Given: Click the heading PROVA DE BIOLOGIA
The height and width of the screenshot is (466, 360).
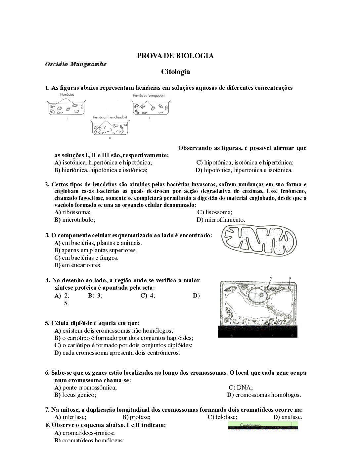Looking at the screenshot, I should (175, 56).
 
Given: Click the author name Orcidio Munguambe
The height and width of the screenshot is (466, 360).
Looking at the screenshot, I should (75, 64).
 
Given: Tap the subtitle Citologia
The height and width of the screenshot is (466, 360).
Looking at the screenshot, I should (175, 71).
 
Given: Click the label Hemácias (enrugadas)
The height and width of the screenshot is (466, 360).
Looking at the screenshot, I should (149, 96).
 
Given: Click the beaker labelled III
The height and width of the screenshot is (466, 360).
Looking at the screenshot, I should (110, 129).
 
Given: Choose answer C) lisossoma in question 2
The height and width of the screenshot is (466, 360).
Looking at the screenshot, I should (215, 212).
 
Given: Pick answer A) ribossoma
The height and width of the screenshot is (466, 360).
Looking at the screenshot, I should (72, 212).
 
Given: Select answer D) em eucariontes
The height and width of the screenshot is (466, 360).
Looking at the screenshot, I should (78, 265).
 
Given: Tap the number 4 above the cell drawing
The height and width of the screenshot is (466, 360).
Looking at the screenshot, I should (271, 277).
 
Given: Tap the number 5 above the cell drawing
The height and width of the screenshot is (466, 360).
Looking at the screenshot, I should (290, 278).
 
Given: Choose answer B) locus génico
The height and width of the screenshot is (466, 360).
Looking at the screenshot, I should (75, 395).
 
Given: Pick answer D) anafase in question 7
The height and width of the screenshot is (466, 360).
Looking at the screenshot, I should (288, 417).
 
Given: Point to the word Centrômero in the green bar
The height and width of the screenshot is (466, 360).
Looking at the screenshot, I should (250, 425).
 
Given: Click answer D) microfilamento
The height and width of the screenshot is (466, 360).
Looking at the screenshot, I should (221, 220).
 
